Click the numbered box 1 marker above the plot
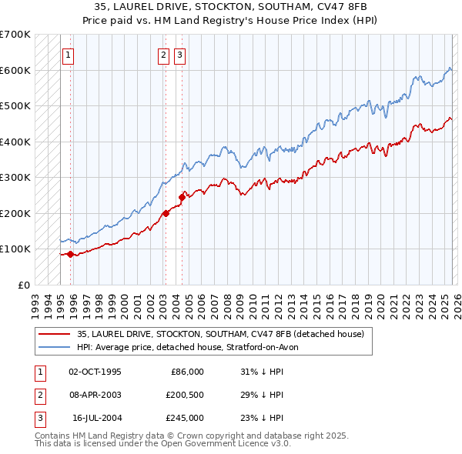pyautogui.click(x=69, y=55)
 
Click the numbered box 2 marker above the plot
pyautogui.click(x=164, y=55)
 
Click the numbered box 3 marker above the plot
pyautogui.click(x=179, y=55)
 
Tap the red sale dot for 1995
pyautogui.click(x=70, y=254)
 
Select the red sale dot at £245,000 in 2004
pyautogui.click(x=182, y=197)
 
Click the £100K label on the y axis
pyautogui.click(x=15, y=249)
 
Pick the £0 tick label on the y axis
pyautogui.click(x=23, y=285)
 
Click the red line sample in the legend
pyautogui.click(x=55, y=334)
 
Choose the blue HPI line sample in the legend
pyautogui.click(x=55, y=347)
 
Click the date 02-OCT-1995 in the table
pyautogui.click(x=95, y=372)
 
